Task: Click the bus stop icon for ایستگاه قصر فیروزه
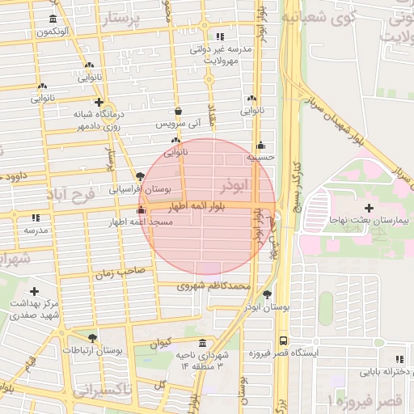tap(282, 340)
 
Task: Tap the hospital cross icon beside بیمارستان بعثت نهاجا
tap(369, 209)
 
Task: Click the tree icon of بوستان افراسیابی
tap(142, 176)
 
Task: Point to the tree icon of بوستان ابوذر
tap(268, 295)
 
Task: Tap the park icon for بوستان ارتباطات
tap(92, 339)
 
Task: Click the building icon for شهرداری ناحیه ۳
tap(201, 343)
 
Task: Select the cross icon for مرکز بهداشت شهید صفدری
tap(34, 291)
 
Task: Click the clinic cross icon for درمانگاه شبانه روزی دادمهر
tap(99, 103)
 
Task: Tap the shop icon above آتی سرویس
tap(179, 112)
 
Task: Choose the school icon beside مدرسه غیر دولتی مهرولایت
tap(220, 36)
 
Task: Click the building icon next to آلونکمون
tap(53, 19)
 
